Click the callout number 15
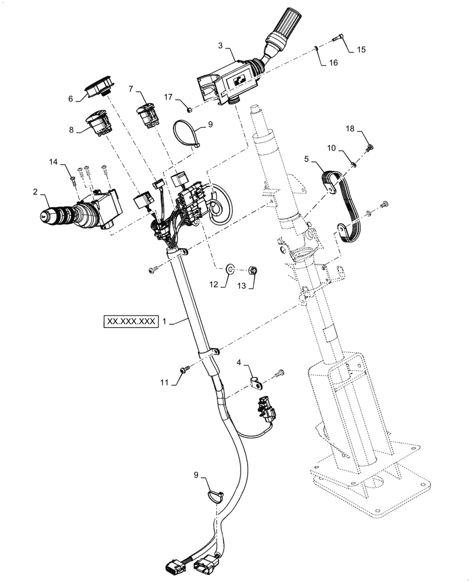tap(361, 50)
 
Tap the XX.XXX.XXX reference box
tap(130, 321)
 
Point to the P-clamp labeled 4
tap(255, 382)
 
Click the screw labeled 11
tap(184, 369)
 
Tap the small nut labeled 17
tap(188, 108)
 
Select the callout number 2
tap(36, 192)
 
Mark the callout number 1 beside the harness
tap(165, 321)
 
